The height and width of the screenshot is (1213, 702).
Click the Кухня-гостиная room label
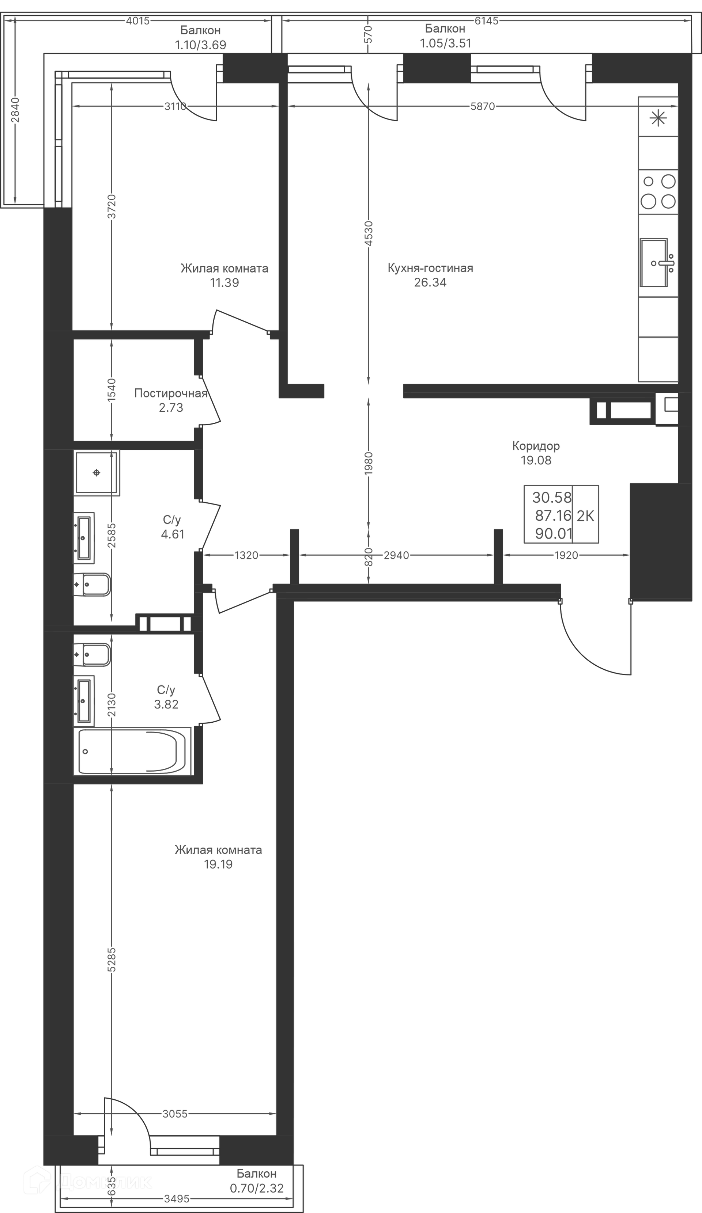tap(430, 268)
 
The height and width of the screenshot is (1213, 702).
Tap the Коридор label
tap(536, 446)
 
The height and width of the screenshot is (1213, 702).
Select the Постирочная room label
tap(170, 393)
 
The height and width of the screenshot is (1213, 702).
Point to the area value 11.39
tap(224, 282)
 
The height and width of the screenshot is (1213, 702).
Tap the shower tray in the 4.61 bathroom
tap(97, 473)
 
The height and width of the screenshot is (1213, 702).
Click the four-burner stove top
tap(658, 191)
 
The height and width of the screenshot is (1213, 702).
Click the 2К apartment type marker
tap(585, 516)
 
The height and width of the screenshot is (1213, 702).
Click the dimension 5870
tap(482, 106)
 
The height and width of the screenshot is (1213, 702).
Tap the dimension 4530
tap(369, 233)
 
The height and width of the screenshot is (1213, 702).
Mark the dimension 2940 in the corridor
tap(396, 555)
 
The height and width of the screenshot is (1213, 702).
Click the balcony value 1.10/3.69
tap(200, 45)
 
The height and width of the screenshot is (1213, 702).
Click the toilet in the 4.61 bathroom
tap(92, 584)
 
